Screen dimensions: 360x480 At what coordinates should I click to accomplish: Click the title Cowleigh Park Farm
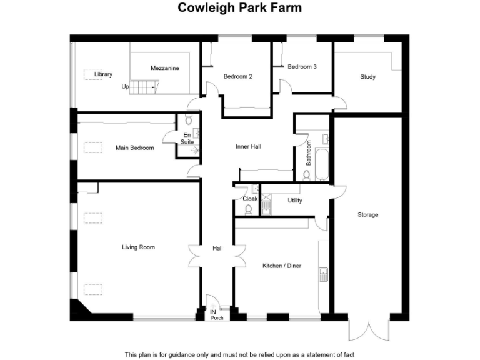pyautogui.click(x=239, y=8)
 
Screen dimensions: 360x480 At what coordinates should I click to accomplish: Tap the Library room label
pyautogui.click(x=103, y=74)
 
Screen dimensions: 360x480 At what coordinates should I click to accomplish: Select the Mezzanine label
pyautogui.click(x=165, y=67)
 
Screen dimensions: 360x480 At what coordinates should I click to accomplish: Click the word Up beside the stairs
pyautogui.click(x=125, y=87)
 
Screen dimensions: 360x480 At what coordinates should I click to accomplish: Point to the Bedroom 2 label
pyautogui.click(x=238, y=77)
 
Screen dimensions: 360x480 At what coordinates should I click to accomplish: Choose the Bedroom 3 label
pyautogui.click(x=302, y=67)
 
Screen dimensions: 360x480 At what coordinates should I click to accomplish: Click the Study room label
pyautogui.click(x=367, y=77)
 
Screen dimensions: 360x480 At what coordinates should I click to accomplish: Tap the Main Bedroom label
pyautogui.click(x=134, y=148)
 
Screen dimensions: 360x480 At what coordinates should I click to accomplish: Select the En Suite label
pyautogui.click(x=187, y=138)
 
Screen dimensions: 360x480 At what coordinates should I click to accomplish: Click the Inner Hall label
pyautogui.click(x=248, y=147)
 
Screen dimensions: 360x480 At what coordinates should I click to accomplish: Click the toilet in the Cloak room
pyautogui.click(x=248, y=209)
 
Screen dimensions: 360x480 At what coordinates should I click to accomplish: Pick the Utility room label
pyautogui.click(x=295, y=201)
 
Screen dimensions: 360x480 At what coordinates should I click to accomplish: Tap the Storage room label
pyautogui.click(x=367, y=215)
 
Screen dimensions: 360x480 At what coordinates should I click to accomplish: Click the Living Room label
pyautogui.click(x=138, y=247)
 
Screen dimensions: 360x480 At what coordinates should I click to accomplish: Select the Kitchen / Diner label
pyautogui.click(x=282, y=266)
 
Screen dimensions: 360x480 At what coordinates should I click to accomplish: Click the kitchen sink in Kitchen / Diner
pyautogui.click(x=324, y=272)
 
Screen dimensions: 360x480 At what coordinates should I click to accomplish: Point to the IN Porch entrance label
pyautogui.click(x=216, y=314)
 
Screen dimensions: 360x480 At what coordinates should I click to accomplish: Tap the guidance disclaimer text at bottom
pyautogui.click(x=239, y=354)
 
